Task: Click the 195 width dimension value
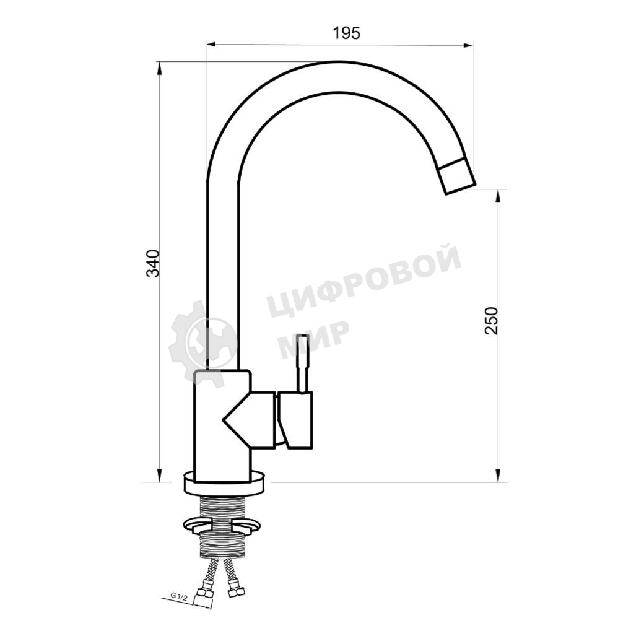tap(347, 33)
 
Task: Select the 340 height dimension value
tap(154, 264)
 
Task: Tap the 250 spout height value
tap(491, 320)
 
